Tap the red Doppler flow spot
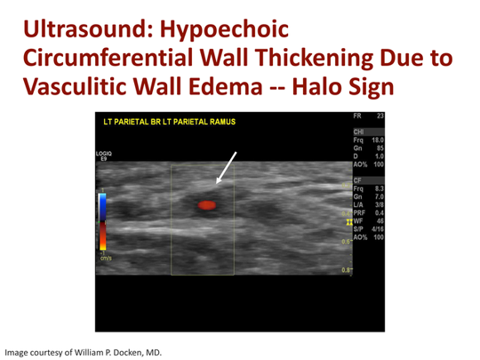pos(207,204)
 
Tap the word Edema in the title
pos(283,90)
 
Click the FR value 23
pos(380,116)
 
